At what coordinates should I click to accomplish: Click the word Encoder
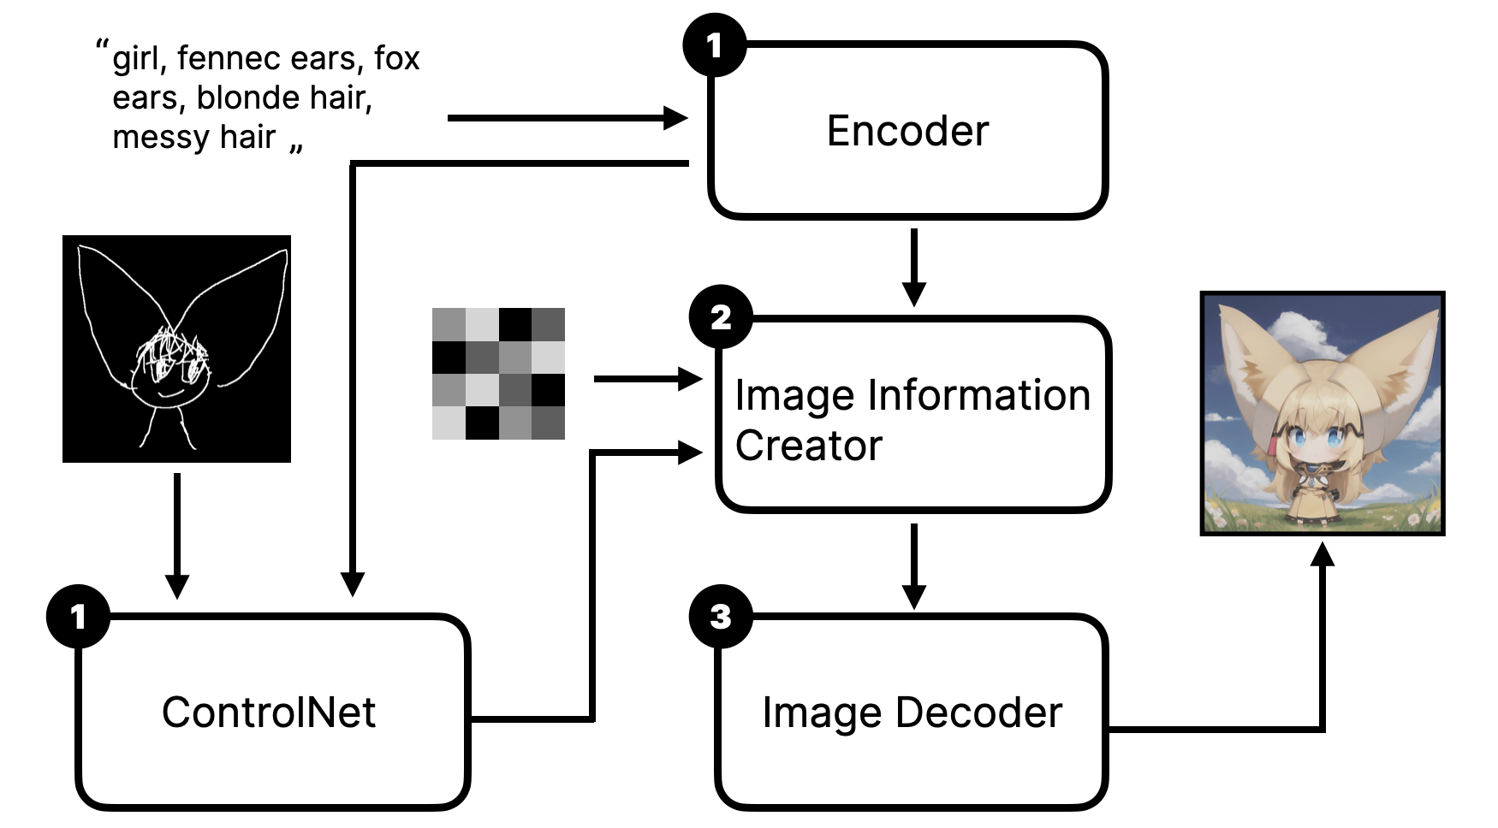pyautogui.click(x=907, y=131)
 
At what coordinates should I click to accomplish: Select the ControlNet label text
pyautogui.click(x=269, y=712)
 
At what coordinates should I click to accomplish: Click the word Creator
pyautogui.click(x=808, y=446)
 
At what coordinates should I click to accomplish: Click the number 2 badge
pyautogui.click(x=721, y=317)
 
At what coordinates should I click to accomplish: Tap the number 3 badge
pyautogui.click(x=721, y=616)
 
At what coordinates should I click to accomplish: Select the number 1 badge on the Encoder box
pyautogui.click(x=714, y=44)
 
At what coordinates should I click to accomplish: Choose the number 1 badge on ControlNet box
pyautogui.click(x=78, y=616)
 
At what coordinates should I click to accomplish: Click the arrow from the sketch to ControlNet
pyautogui.click(x=176, y=535)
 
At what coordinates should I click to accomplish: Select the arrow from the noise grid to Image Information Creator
pyautogui.click(x=647, y=378)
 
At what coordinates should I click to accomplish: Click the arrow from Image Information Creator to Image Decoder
pyautogui.click(x=914, y=565)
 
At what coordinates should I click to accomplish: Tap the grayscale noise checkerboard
pyautogui.click(x=498, y=374)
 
